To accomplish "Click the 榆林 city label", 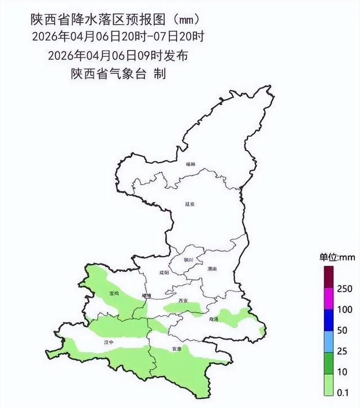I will [x=193, y=164].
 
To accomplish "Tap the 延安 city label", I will [x=190, y=204].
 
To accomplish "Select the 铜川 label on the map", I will [x=188, y=259].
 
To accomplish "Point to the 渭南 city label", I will [x=211, y=269].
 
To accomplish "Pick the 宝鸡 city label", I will [x=114, y=293].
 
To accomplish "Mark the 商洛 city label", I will [x=213, y=319].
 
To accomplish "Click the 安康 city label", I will [x=177, y=349].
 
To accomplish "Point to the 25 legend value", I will [x=344, y=351].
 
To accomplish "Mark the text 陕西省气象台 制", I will [x=118, y=74].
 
